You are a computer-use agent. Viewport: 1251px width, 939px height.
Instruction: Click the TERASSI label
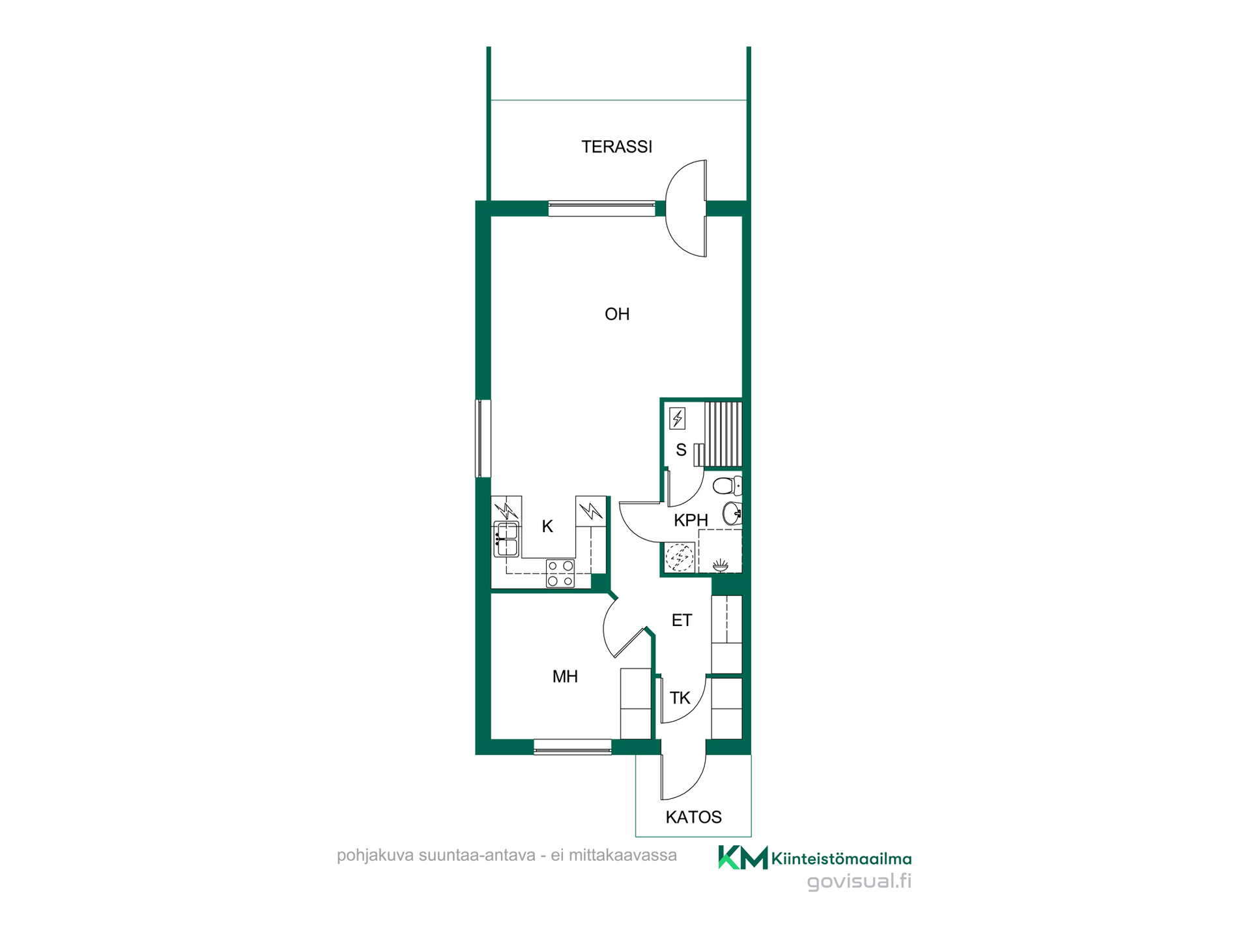click(616, 147)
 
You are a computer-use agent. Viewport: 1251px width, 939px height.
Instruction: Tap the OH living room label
click(617, 314)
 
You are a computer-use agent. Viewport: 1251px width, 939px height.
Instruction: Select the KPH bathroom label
click(691, 520)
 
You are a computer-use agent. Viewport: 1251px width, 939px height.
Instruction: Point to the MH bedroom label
click(565, 677)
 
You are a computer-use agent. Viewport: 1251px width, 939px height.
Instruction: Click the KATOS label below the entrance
click(693, 817)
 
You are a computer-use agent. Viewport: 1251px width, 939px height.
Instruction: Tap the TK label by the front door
click(680, 698)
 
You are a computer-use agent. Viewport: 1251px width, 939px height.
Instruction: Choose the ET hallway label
click(682, 620)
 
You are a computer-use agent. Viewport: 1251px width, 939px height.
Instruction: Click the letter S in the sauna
click(681, 450)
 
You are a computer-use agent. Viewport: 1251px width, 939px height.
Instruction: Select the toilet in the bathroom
click(727, 485)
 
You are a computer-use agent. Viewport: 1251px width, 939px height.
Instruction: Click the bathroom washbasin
click(732, 513)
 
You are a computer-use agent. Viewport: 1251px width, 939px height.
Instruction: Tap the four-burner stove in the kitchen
click(560, 573)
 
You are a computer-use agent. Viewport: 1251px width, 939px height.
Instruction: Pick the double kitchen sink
click(506, 539)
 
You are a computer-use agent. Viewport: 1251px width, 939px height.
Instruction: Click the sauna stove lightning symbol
click(678, 418)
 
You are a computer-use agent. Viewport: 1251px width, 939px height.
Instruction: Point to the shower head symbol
click(720, 565)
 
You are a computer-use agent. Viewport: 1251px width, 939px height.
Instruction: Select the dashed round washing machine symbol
click(680, 558)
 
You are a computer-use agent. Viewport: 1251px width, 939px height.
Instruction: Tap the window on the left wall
click(483, 438)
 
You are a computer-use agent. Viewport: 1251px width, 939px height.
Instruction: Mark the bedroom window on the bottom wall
click(573, 747)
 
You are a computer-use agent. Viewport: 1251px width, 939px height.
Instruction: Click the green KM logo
click(743, 857)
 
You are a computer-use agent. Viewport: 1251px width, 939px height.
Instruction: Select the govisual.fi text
click(859, 882)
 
